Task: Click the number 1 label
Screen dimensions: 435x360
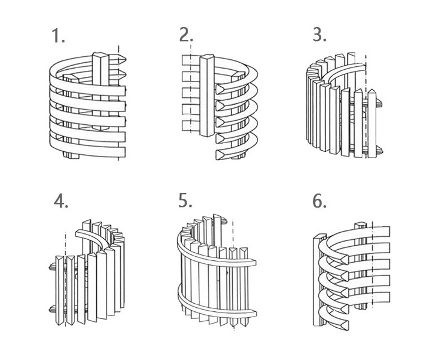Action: (x=58, y=36)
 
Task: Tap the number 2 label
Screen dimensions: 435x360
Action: (x=186, y=35)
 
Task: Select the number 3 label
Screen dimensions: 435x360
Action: (x=320, y=35)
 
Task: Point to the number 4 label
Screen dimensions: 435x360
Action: (x=61, y=201)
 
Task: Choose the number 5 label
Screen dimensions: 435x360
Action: (x=185, y=201)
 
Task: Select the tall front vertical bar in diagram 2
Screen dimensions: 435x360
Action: (x=207, y=96)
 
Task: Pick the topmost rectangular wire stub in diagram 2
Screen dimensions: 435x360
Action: (x=191, y=60)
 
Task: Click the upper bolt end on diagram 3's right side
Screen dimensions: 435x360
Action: (x=379, y=104)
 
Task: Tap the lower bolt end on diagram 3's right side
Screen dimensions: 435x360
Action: (x=379, y=151)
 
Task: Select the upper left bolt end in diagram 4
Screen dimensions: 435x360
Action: (x=52, y=267)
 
